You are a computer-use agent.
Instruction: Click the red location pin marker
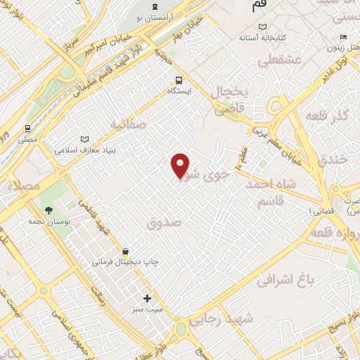(x=181, y=165)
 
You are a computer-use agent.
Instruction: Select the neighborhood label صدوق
(x=165, y=221)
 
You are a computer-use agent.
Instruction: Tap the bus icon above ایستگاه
(x=179, y=80)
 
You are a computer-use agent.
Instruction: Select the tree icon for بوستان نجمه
(x=49, y=210)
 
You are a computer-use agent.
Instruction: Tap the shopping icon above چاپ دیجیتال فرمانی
(x=125, y=251)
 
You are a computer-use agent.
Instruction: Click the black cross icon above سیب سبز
(x=148, y=298)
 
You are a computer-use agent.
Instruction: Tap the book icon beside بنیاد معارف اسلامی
(x=86, y=140)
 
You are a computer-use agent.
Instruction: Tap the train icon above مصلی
(x=28, y=129)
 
